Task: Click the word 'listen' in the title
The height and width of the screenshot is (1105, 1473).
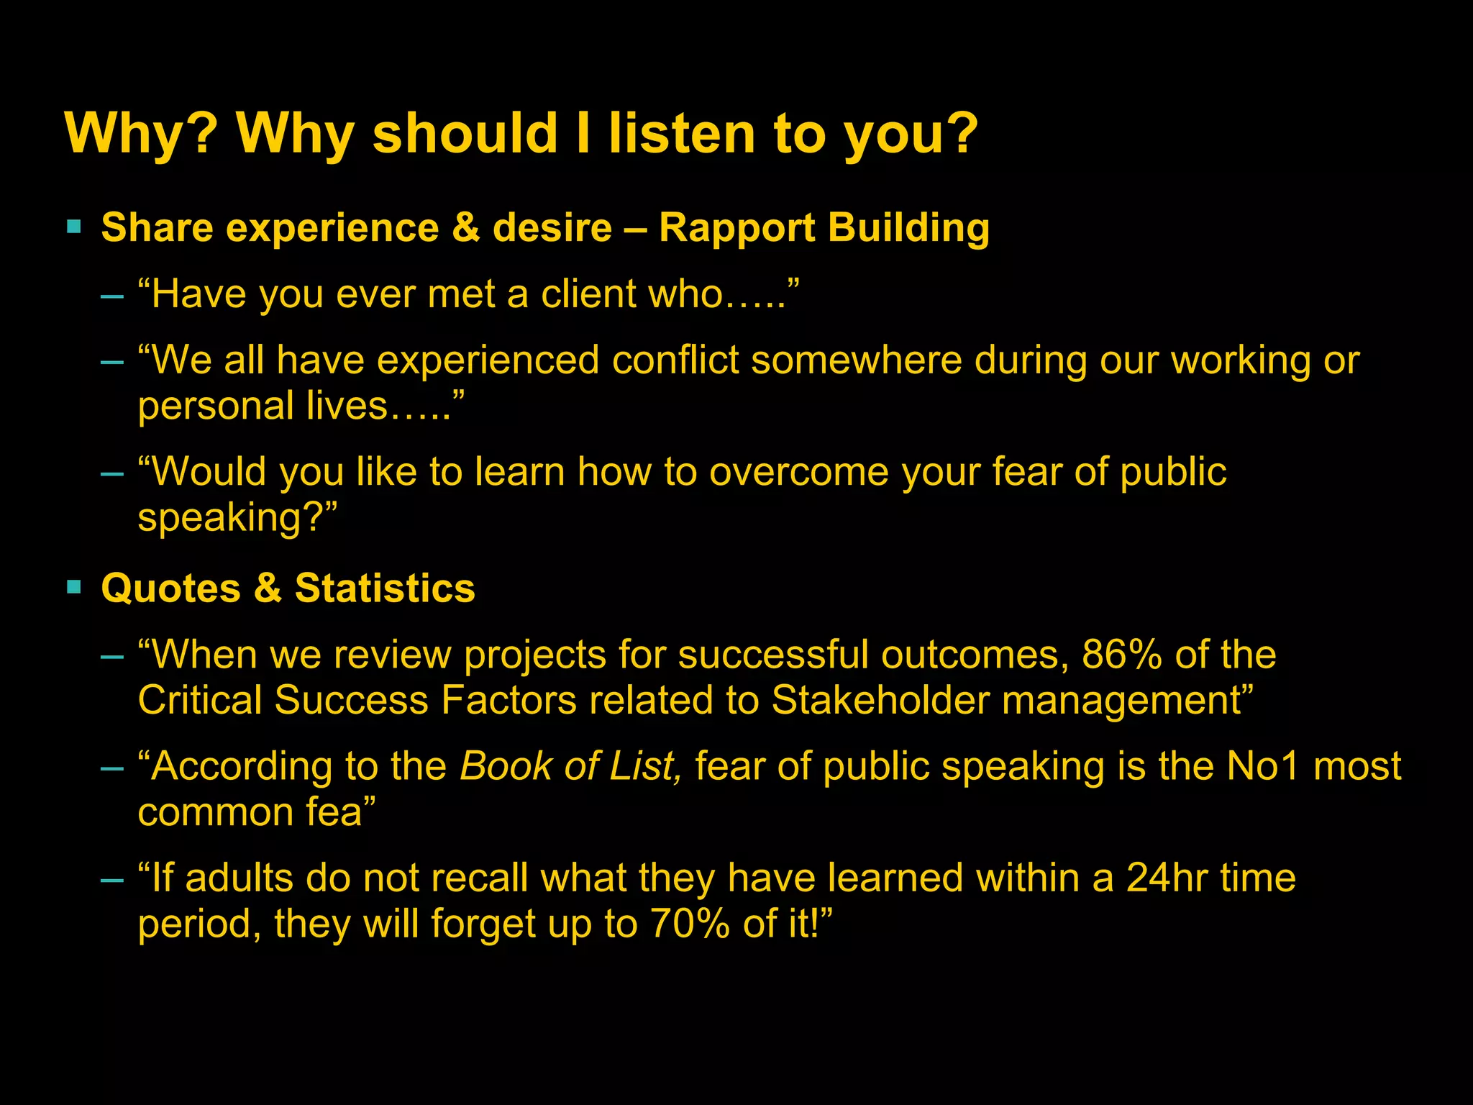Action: pyautogui.click(x=680, y=134)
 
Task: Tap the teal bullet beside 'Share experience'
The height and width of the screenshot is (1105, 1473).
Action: pyautogui.click(x=73, y=227)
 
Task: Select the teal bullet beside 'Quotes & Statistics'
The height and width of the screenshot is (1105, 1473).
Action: pyautogui.click(x=73, y=587)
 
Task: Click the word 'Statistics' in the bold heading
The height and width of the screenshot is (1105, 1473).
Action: pyautogui.click(x=385, y=588)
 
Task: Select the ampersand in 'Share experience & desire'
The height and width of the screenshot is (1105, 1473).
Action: pyautogui.click(x=466, y=229)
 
